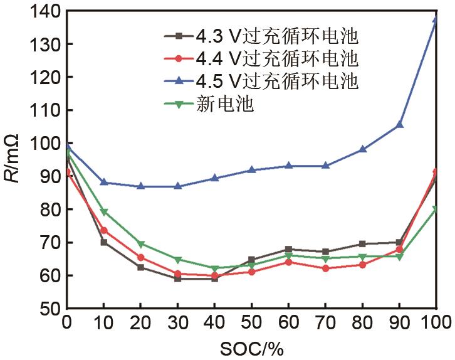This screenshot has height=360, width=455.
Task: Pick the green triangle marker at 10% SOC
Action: pos(104,212)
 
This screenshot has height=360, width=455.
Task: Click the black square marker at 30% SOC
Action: pos(178,278)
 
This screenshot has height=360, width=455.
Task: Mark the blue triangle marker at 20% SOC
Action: pos(141,186)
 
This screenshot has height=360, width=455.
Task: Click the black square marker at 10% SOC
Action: pos(104,241)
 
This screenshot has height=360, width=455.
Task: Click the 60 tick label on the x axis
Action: pos(289,323)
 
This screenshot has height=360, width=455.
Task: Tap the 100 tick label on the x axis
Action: pos(436,323)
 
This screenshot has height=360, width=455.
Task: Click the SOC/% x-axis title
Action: pos(251,347)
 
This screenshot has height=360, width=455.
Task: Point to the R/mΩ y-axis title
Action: pos(14,159)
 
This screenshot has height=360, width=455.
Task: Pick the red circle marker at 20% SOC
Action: pos(141,257)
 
